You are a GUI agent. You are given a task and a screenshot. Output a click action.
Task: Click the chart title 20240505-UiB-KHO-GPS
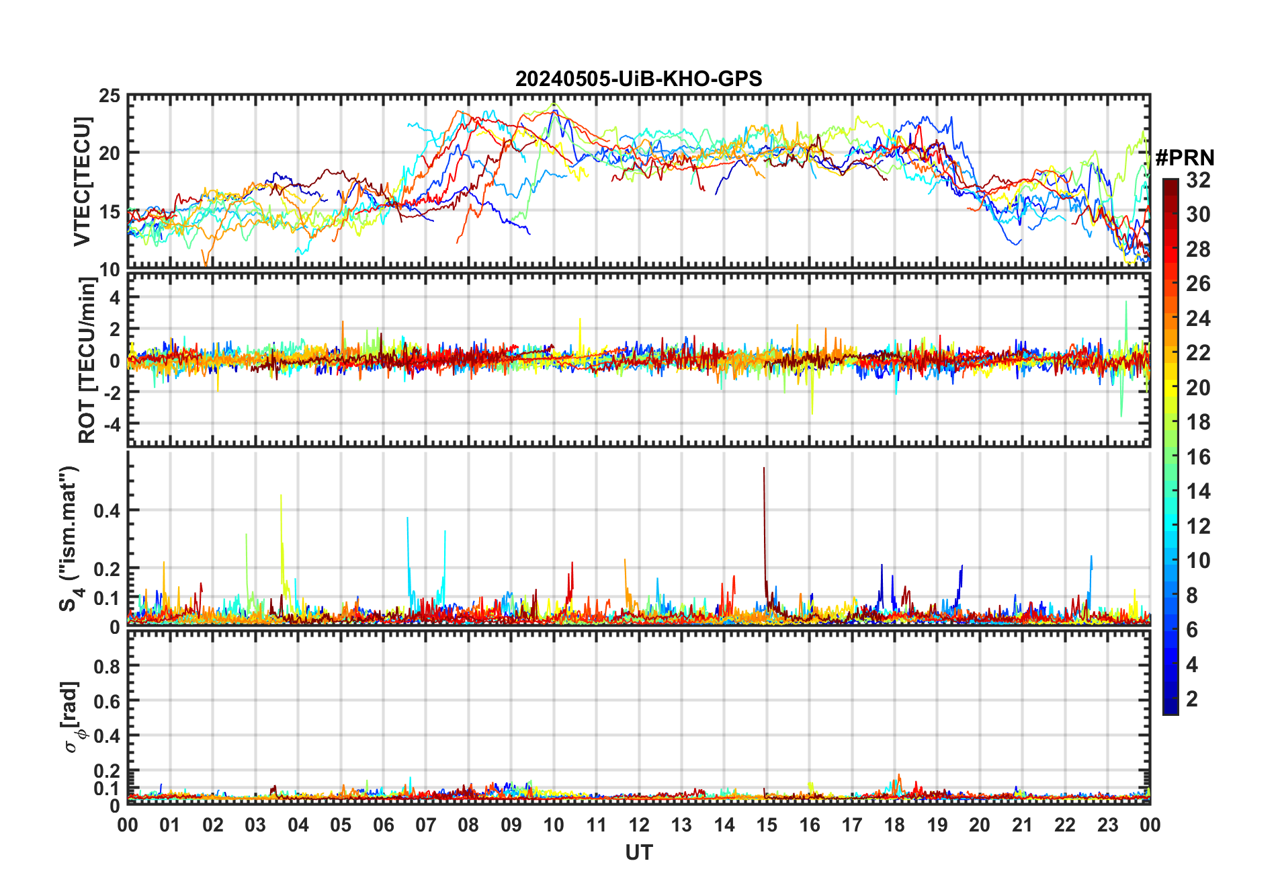[638, 79]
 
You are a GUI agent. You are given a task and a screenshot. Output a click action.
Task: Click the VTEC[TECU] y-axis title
[83, 181]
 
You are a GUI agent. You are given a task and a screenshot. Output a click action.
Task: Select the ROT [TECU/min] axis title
[87, 360]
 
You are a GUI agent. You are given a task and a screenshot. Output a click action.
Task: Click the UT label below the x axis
[638, 853]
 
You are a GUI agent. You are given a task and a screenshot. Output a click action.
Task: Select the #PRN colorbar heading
[1185, 158]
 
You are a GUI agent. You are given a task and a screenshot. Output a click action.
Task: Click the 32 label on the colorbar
[1198, 180]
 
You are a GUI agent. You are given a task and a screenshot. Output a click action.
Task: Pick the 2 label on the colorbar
[1192, 699]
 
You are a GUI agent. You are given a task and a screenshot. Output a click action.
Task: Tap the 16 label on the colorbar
[1198, 457]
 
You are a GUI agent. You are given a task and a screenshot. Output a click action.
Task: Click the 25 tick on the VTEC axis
[110, 96]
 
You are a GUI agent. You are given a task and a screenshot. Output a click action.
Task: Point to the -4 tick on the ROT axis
[112, 424]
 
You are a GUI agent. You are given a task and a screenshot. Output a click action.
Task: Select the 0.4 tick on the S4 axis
[107, 511]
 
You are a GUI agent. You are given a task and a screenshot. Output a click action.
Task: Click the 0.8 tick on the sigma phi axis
[107, 666]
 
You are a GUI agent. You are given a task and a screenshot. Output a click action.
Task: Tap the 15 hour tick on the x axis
[767, 825]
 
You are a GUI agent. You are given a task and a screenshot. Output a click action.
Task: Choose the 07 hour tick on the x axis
[426, 825]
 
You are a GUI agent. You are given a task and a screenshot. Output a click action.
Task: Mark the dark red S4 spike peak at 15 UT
[764, 468]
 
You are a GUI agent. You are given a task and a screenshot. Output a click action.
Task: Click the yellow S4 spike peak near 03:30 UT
[281, 495]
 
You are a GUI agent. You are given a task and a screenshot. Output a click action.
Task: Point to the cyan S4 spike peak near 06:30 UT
[407, 518]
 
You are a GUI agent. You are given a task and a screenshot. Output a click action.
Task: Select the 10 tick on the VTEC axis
[110, 270]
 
